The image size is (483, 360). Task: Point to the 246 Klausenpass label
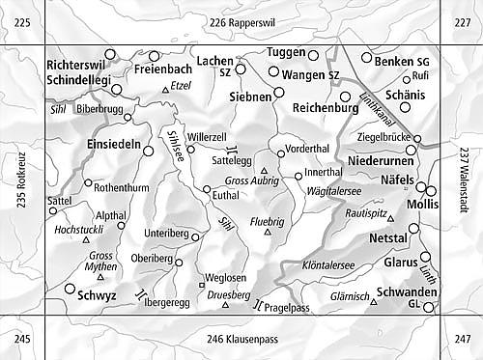pos(241,339)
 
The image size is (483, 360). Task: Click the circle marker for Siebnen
pos(278,92)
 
